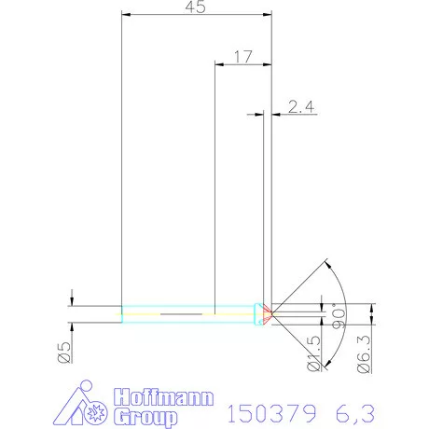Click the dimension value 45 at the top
(x=195, y=7)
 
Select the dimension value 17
(x=242, y=56)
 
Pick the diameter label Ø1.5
(x=317, y=355)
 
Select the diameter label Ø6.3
(x=366, y=355)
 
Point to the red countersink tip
(x=268, y=311)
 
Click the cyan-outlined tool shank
(x=187, y=311)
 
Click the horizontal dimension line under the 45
(x=196, y=16)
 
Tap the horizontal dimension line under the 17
(x=242, y=64)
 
